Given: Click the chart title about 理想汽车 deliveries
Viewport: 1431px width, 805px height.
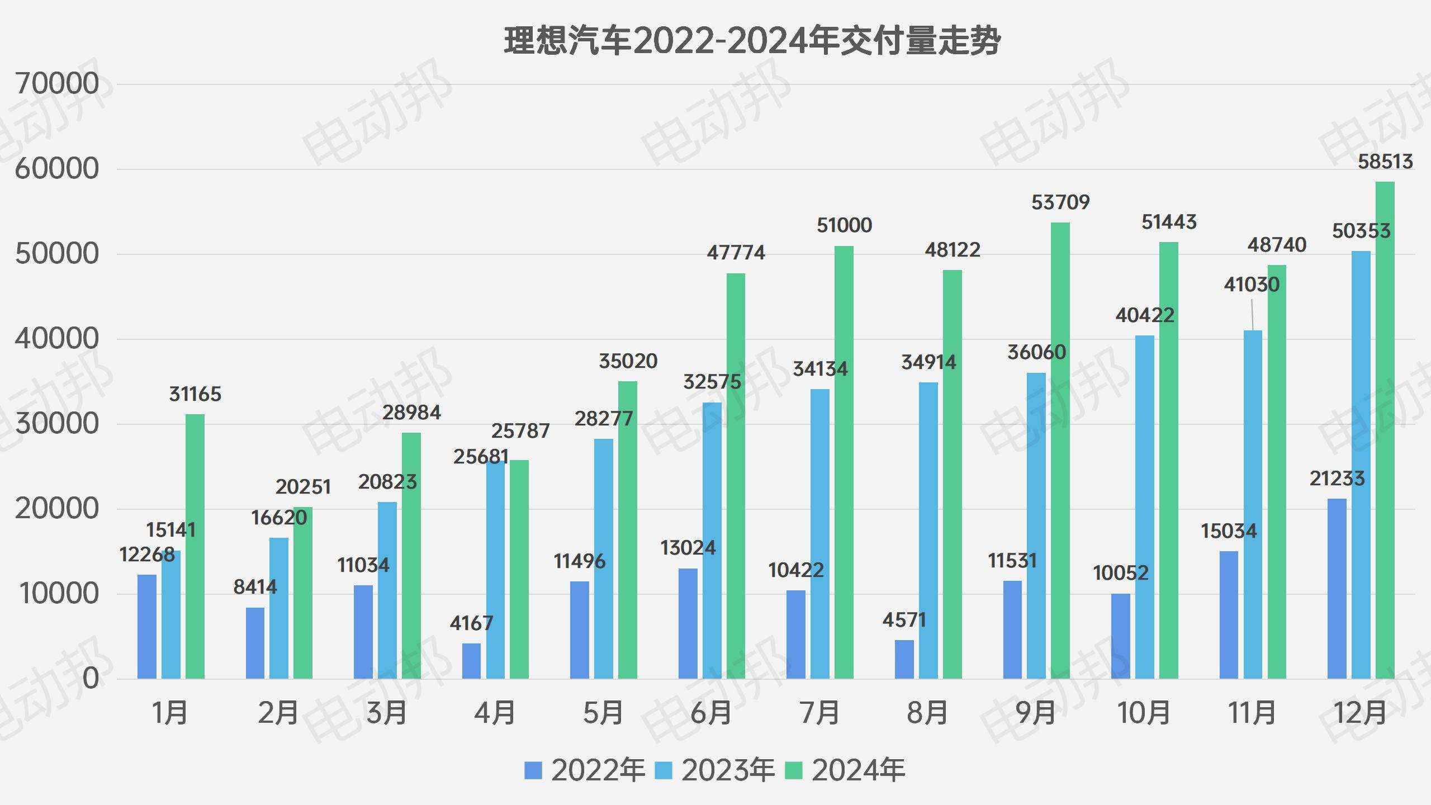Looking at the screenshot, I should [x=752, y=40].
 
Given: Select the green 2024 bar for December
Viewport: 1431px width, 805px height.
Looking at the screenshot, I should [x=1385, y=430].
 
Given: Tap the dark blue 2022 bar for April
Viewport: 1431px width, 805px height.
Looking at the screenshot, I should [x=471, y=661].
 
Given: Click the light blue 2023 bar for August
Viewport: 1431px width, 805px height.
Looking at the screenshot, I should [x=928, y=531].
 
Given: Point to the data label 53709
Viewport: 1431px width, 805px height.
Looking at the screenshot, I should [x=1060, y=202].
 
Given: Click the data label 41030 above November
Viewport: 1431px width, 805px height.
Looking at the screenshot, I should [x=1252, y=285].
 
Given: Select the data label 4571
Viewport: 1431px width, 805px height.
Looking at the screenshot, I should [x=904, y=619].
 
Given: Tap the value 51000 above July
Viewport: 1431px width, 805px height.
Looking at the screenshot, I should [x=844, y=225].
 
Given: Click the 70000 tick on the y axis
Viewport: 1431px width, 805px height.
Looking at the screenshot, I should [x=57, y=84].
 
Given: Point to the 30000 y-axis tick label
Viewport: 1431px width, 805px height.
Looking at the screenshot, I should [x=57, y=424].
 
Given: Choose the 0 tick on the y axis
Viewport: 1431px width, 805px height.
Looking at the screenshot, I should [x=91, y=679].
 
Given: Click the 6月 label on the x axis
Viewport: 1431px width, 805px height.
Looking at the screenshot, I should [x=711, y=713].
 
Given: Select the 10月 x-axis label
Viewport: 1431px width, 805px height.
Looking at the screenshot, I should [x=1143, y=713].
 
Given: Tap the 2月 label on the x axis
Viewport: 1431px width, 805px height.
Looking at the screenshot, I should [x=278, y=713].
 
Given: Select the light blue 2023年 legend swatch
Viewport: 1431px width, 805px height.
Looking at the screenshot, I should [x=663, y=770].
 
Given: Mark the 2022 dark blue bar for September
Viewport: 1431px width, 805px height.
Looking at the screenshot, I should [x=1012, y=629].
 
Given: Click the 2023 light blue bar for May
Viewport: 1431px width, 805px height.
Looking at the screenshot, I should [x=604, y=559].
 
